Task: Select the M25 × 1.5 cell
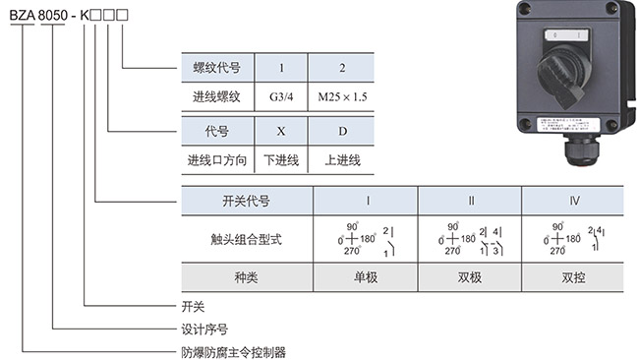[x=340, y=97]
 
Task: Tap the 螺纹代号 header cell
[x=217, y=68]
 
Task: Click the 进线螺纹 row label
[x=217, y=97]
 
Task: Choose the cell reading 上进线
[x=340, y=159]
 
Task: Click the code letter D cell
[x=340, y=130]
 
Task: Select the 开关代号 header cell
[x=246, y=201]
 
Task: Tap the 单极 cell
[x=366, y=277]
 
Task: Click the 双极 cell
[x=470, y=277]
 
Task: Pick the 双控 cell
[x=573, y=277]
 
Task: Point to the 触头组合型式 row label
[x=246, y=238]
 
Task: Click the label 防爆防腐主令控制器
[x=232, y=350]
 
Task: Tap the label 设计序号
[x=204, y=328]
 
